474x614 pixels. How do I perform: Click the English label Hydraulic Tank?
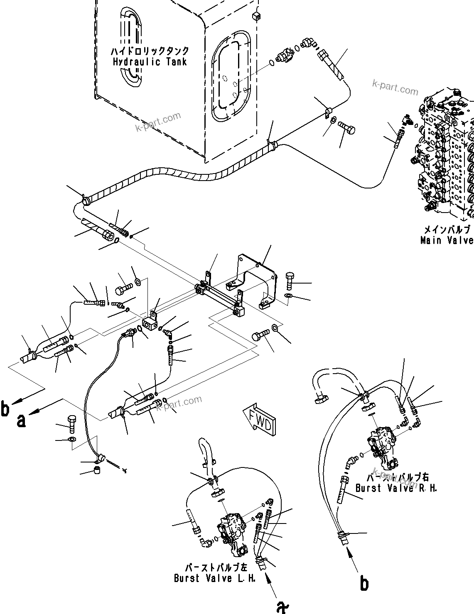pyautogui.click(x=150, y=62)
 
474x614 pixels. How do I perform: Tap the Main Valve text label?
pyautogui.click(x=447, y=240)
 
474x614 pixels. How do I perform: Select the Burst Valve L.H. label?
pyautogui.click(x=214, y=578)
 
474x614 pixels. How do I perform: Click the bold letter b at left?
pyautogui.click(x=5, y=409)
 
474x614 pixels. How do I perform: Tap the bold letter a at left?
pyautogui.click(x=21, y=420)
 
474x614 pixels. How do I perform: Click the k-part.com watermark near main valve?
pyautogui.click(x=395, y=87)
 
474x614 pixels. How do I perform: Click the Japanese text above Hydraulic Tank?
pyautogui.click(x=150, y=51)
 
